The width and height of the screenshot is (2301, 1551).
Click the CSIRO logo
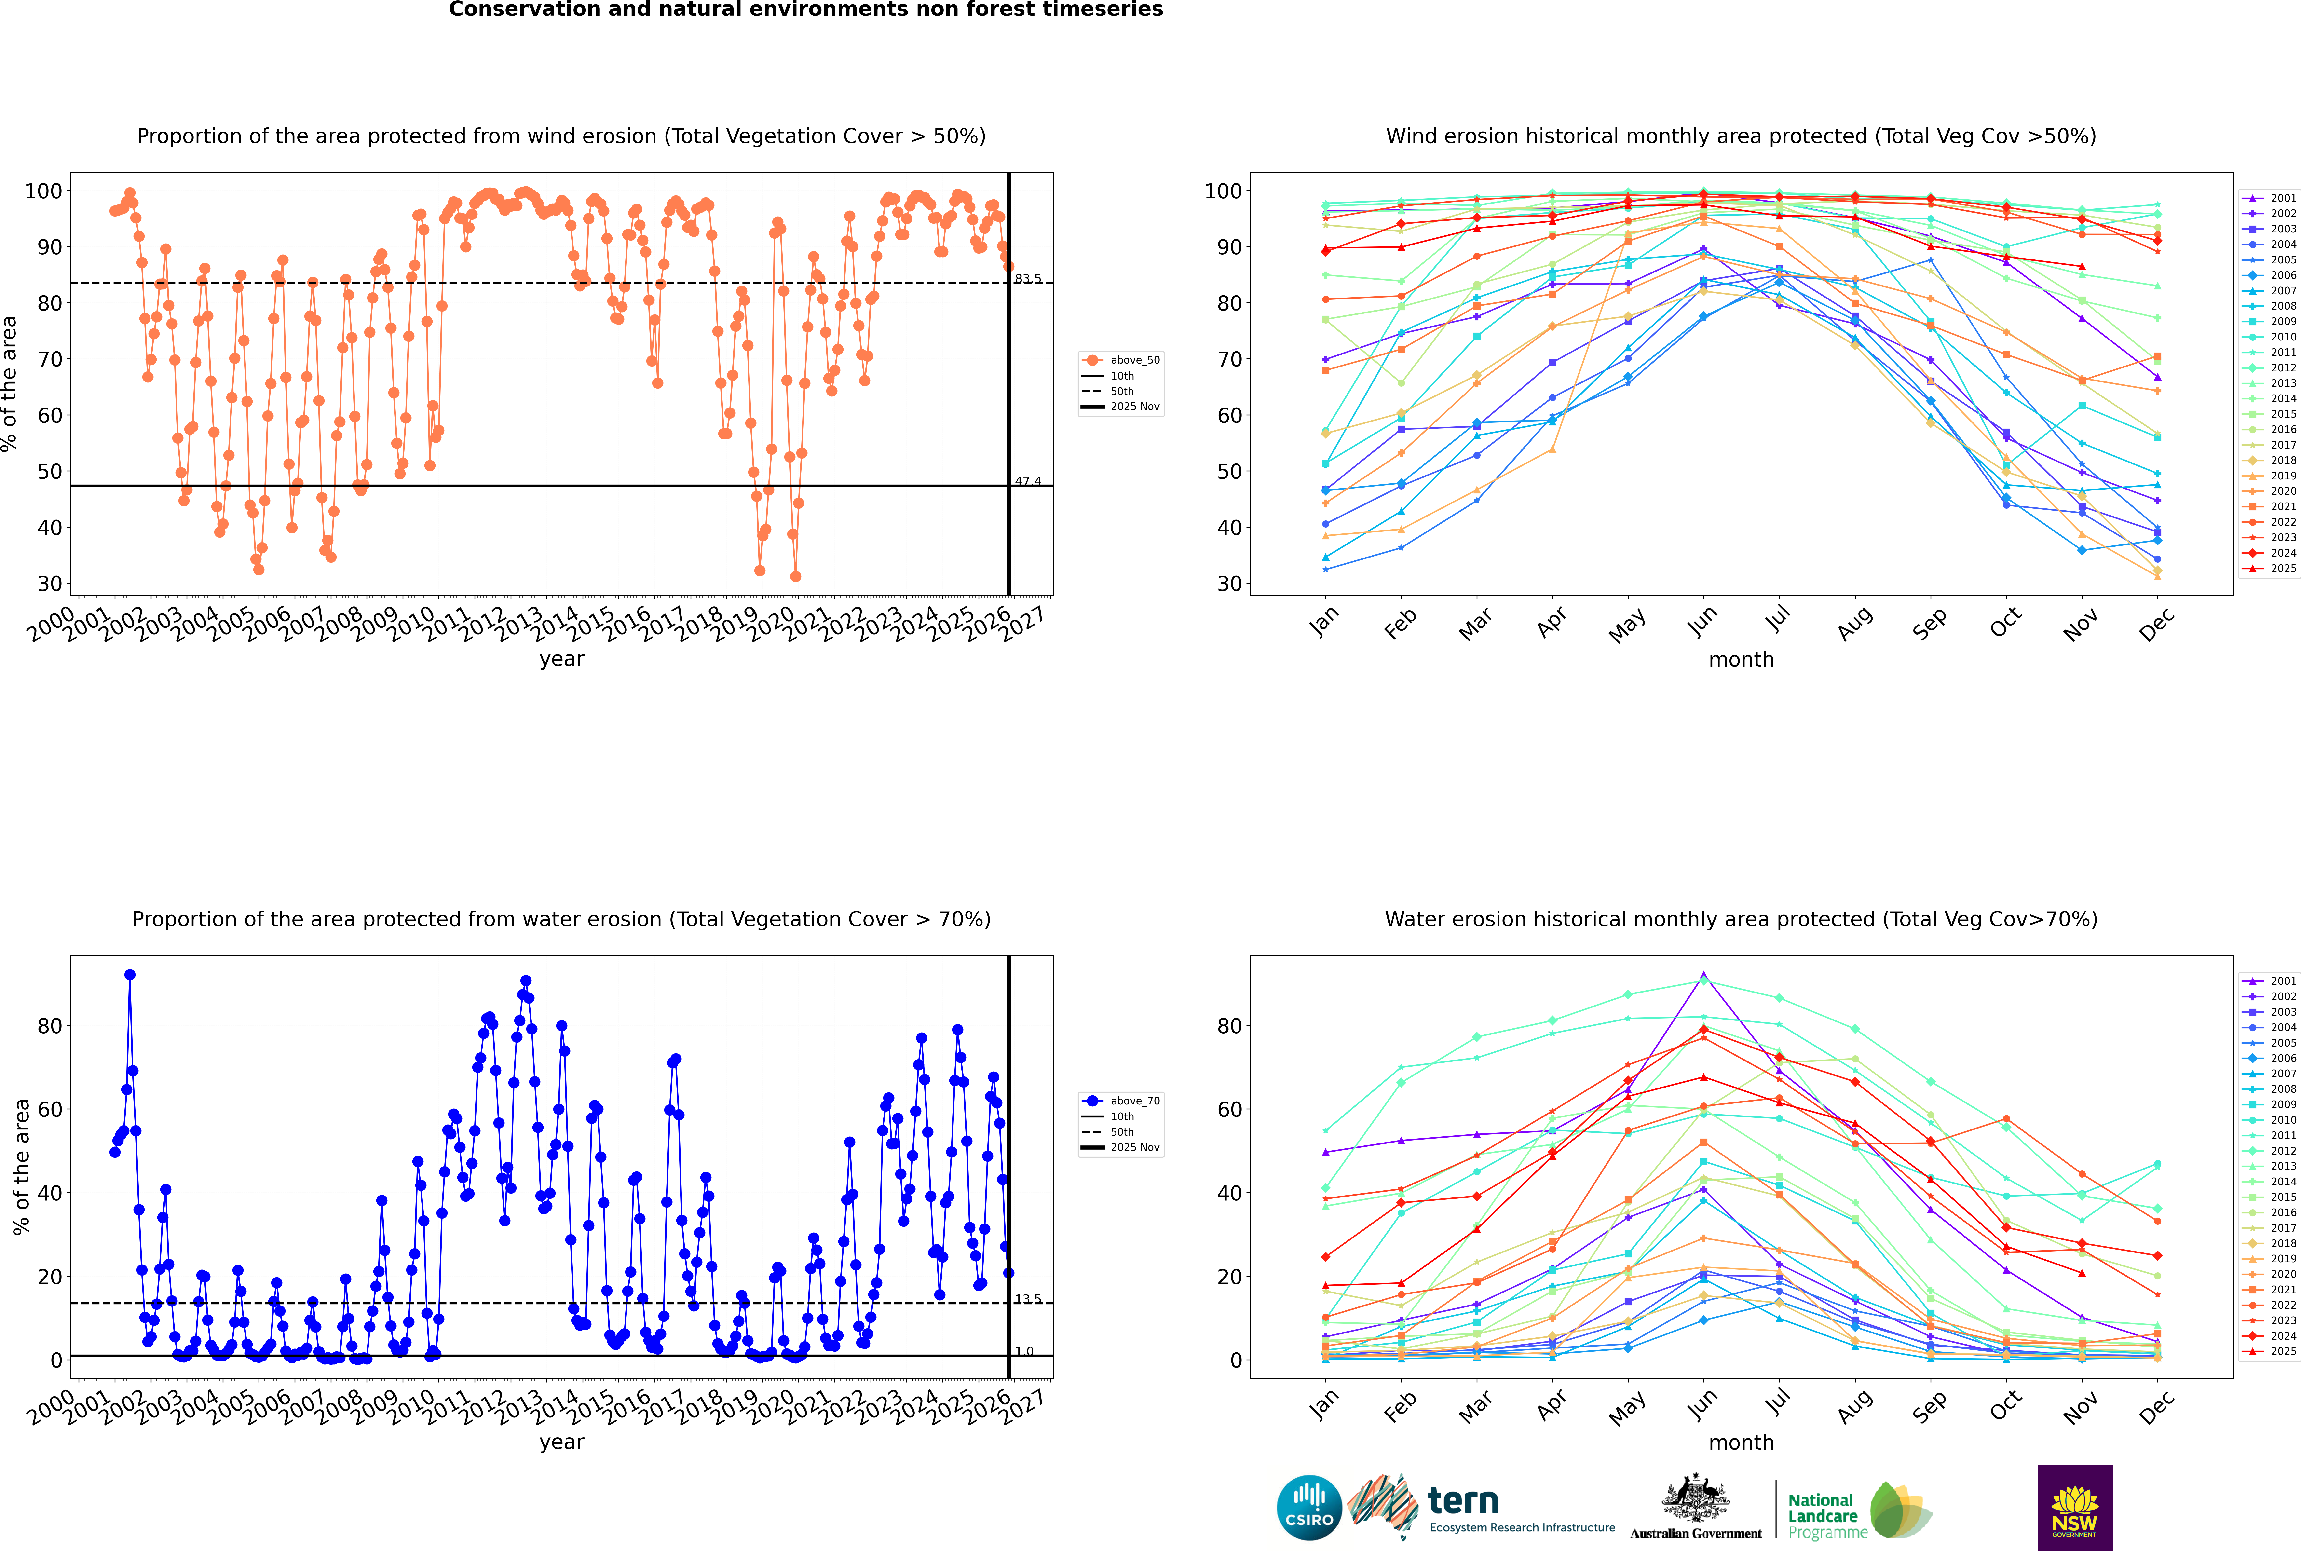coord(1309,1508)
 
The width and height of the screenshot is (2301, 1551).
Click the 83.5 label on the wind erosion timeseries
coord(1028,279)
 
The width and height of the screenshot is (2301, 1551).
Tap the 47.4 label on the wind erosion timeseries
coord(1028,482)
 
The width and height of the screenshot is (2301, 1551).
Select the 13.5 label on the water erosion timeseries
coord(1028,1299)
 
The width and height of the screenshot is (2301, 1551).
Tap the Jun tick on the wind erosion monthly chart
coord(1702,620)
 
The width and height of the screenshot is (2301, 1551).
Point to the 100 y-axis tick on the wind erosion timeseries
coord(43,191)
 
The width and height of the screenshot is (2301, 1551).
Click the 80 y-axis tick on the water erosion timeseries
coord(49,1026)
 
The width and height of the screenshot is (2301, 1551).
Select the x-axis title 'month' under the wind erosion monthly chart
coord(1741,660)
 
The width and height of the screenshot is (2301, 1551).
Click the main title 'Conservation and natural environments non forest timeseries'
coord(805,10)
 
